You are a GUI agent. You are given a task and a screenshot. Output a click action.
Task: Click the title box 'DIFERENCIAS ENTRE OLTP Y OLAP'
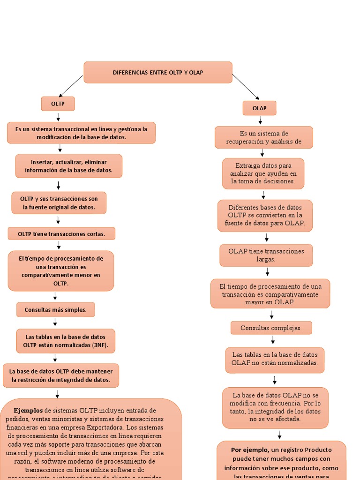click(158, 73)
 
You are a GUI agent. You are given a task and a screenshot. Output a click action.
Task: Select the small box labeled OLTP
click(58, 104)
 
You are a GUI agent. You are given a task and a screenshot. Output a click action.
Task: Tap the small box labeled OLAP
click(259, 108)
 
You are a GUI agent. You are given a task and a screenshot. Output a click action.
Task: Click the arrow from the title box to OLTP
click(71, 86)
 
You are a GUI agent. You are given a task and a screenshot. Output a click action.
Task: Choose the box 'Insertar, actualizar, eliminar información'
click(68, 166)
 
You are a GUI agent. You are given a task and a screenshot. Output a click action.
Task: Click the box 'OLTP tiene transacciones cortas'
click(61, 233)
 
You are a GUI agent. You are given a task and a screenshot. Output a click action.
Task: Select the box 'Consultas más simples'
click(55, 310)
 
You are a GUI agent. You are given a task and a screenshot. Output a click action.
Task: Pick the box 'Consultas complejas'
click(271, 328)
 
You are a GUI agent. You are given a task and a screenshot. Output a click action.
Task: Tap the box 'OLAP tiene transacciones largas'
click(266, 255)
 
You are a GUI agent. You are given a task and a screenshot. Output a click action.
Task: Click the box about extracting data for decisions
click(263, 173)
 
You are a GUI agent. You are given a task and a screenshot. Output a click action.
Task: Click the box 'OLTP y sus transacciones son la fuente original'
click(59, 202)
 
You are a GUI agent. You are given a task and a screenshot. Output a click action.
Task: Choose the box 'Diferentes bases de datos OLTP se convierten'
click(265, 216)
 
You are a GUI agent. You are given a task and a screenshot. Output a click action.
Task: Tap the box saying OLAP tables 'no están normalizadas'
click(275, 359)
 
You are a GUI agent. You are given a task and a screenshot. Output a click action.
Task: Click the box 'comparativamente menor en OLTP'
click(61, 271)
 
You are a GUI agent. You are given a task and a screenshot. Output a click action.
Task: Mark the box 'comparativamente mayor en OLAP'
click(270, 294)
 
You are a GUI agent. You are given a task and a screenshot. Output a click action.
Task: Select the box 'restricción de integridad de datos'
click(61, 375)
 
